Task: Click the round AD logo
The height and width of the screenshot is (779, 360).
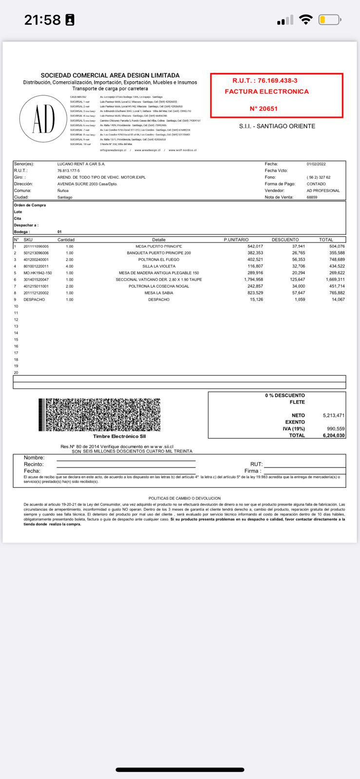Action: (x=44, y=119)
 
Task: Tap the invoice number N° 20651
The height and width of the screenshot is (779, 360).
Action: (x=264, y=109)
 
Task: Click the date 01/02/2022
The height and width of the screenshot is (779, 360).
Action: (x=316, y=164)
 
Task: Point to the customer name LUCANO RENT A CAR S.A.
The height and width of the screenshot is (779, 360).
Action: (x=81, y=164)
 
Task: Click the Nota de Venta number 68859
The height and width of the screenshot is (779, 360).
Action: (x=312, y=197)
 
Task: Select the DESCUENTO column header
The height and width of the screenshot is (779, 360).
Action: (x=285, y=240)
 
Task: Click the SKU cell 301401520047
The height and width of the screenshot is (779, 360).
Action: (x=36, y=279)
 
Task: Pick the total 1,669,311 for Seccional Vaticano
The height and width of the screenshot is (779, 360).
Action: (x=334, y=279)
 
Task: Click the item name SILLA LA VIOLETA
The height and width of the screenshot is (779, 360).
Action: (x=159, y=266)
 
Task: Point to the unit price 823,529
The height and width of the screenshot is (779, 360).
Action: (x=255, y=293)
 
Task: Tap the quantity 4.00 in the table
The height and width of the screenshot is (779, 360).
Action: (x=69, y=266)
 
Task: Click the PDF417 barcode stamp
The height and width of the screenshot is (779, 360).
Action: (x=99, y=415)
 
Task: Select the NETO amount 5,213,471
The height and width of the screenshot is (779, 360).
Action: (x=333, y=415)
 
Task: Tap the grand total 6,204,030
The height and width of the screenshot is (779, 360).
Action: (x=333, y=435)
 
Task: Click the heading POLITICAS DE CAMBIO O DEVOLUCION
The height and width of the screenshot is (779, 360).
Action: (x=184, y=498)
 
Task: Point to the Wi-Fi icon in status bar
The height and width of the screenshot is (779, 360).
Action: (x=306, y=19)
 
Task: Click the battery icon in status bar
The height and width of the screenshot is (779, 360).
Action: (x=330, y=20)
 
